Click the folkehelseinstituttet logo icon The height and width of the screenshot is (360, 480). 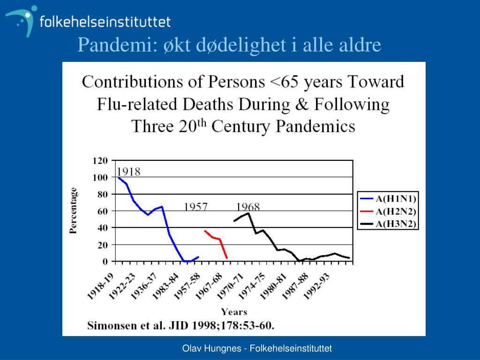[x=22, y=20]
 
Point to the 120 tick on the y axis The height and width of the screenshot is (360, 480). [x=100, y=160]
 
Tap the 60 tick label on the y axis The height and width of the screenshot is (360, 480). [x=102, y=211]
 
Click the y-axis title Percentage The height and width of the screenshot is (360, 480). [x=74, y=210]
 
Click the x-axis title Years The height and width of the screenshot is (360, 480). [x=234, y=312]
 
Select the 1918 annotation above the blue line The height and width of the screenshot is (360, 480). [x=128, y=172]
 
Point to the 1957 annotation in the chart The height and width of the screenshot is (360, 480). [x=195, y=207]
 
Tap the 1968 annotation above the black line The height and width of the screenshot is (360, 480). [x=247, y=207]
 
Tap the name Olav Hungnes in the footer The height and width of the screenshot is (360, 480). [x=210, y=348]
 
